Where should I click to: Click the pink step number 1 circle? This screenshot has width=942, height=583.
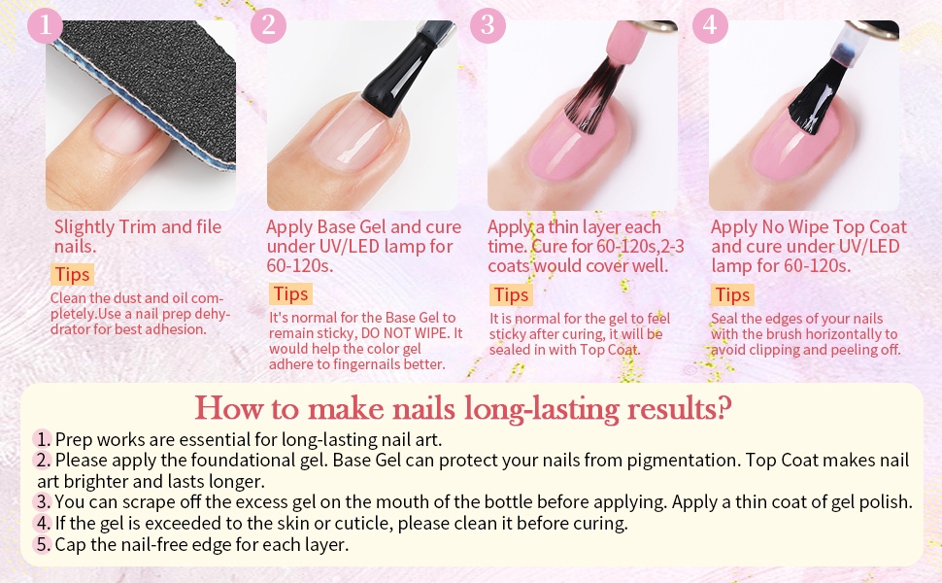[45, 25]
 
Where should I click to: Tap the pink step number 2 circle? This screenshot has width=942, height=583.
[268, 25]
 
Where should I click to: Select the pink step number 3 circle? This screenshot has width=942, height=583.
[488, 25]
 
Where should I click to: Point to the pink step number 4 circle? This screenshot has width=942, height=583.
[710, 25]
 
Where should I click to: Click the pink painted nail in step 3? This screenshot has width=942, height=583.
[571, 148]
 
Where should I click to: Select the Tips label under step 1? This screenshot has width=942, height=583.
[73, 274]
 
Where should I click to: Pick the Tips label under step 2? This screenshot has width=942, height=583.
[290, 293]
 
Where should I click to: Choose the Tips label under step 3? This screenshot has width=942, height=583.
[511, 295]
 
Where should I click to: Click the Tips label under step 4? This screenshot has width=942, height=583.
[732, 295]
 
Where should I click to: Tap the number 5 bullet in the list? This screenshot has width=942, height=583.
[43, 544]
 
